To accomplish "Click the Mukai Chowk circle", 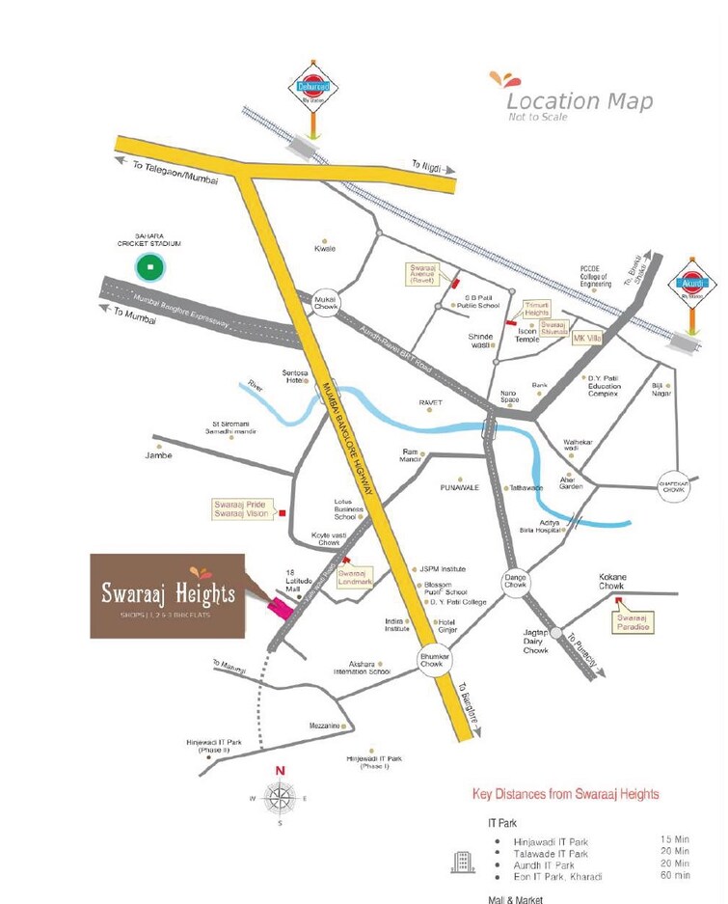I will click(x=324, y=304).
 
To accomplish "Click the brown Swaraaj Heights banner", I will click(x=168, y=595).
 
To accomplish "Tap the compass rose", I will click(x=280, y=797).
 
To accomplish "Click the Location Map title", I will click(x=579, y=102).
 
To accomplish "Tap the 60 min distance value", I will click(x=674, y=876).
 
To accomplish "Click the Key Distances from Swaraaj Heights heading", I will click(x=565, y=794).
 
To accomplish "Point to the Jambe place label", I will click(x=158, y=454).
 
